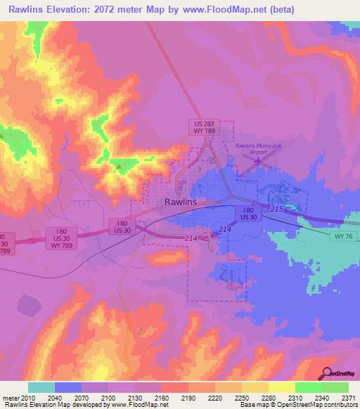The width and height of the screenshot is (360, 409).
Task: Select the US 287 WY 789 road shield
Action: coord(205,126)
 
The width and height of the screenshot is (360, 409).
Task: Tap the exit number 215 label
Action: coord(276,209)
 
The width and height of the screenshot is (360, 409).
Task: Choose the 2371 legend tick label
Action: coord(347,398)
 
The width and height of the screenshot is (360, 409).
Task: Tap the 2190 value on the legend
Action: coord(188,398)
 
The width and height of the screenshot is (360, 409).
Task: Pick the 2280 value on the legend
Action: coord(269,398)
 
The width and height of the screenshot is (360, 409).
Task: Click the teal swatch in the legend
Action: coord(41,387)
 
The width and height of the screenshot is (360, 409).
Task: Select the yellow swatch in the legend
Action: coord(281,387)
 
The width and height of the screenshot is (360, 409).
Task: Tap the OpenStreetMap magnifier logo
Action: coord(326,373)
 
